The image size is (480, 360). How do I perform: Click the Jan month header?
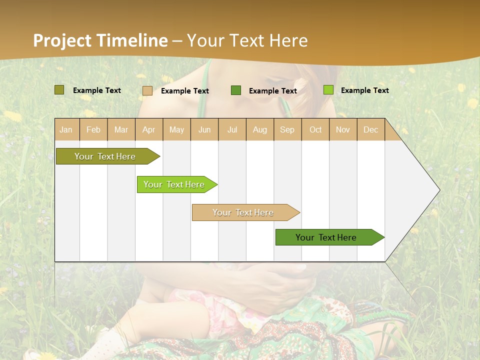[x=66, y=129]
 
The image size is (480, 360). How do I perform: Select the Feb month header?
[x=93, y=129]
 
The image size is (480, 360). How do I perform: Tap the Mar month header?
[x=121, y=129]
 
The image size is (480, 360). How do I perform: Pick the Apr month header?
[x=149, y=129]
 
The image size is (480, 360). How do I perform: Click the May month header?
[x=176, y=129]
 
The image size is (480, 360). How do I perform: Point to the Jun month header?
[x=204, y=129]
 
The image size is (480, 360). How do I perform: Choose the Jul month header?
[x=232, y=129]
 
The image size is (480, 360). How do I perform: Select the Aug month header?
[x=260, y=129]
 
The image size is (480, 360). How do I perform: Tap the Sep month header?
[x=287, y=129]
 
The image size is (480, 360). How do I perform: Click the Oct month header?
[x=315, y=129]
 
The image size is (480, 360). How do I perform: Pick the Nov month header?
[x=343, y=129]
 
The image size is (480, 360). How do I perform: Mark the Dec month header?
[x=371, y=129]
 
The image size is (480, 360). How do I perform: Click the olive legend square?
[x=59, y=90]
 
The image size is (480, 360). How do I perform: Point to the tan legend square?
[x=147, y=90]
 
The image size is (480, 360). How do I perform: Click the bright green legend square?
[x=328, y=90]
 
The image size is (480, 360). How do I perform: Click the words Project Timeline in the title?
[x=100, y=40]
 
